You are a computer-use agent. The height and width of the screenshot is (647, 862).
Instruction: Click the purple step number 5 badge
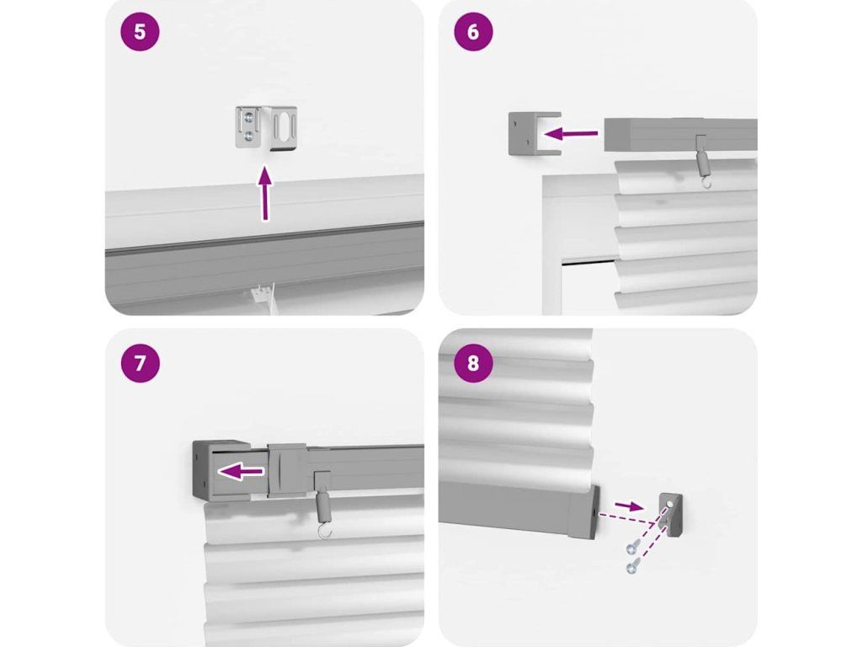[x=141, y=31]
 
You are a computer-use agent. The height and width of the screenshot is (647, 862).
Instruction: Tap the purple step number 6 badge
[x=473, y=31]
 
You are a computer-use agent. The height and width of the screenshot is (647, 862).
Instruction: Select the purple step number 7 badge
[x=141, y=363]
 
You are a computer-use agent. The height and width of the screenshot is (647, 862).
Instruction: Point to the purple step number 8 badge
[x=473, y=363]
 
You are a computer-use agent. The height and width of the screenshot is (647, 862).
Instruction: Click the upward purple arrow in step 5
[x=265, y=195]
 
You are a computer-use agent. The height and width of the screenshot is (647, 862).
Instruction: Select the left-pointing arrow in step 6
[x=571, y=133]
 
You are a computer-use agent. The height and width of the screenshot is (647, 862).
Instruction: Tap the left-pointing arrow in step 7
[x=241, y=471]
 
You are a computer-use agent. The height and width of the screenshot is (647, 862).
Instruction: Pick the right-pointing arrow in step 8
[x=629, y=505]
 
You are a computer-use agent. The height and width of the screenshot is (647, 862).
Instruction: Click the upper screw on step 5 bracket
[x=251, y=116]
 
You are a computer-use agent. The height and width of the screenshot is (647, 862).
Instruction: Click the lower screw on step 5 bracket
[x=251, y=135]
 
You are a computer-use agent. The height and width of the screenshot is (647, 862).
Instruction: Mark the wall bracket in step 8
[x=671, y=514]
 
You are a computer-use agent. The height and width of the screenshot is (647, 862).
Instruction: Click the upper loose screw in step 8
[x=632, y=547]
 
